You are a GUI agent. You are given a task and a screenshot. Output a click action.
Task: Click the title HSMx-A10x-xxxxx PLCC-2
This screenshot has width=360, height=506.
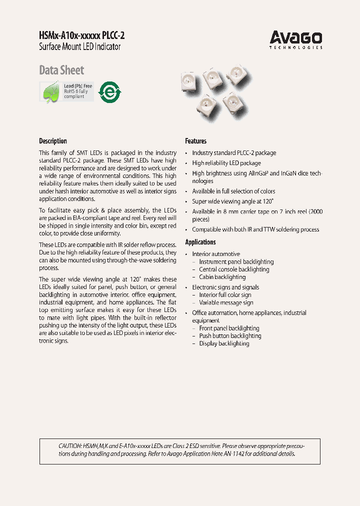[x=81, y=36]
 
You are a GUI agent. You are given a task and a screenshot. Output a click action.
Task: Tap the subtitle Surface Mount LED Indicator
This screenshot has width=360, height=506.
[x=79, y=47]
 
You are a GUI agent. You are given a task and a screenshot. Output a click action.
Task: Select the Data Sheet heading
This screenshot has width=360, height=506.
[x=61, y=70]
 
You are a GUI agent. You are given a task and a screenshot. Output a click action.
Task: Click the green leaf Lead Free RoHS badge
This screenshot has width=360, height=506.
[x=66, y=91]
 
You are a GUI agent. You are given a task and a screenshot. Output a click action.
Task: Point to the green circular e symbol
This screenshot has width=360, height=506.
[x=110, y=92]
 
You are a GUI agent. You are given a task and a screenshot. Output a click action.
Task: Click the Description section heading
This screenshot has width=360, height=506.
[x=53, y=141]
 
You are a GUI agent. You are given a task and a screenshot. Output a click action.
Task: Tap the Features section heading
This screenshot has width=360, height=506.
[x=195, y=141]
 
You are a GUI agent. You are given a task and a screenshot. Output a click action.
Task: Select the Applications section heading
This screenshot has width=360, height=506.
[x=200, y=242]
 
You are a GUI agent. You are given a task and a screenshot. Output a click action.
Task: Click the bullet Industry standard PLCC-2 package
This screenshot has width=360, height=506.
[x=234, y=153]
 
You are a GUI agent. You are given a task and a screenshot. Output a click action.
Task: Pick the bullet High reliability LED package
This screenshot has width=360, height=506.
[x=226, y=163]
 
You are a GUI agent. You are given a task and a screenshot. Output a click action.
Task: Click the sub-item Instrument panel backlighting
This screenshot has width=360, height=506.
[x=236, y=261]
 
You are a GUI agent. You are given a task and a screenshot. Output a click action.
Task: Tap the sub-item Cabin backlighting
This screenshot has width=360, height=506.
[x=222, y=277]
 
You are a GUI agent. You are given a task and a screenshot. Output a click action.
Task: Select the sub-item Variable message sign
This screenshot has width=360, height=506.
[x=226, y=302]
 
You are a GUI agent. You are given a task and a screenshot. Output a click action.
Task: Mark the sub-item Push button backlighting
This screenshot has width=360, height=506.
[x=230, y=336]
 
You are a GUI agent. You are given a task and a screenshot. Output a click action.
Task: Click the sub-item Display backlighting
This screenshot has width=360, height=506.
[x=224, y=343]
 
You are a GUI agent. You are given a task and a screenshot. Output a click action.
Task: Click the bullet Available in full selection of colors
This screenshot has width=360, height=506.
[x=233, y=191]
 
